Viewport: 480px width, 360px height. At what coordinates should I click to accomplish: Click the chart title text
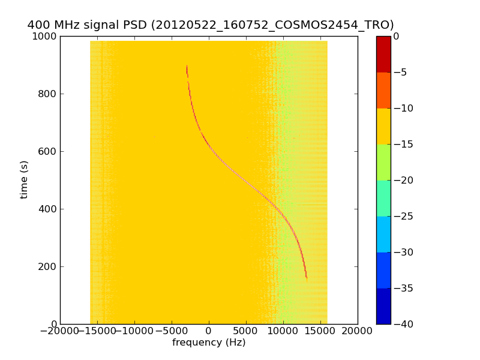211,25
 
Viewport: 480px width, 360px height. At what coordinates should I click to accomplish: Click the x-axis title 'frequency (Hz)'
209,343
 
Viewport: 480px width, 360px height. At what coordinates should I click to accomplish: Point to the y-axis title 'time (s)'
25,179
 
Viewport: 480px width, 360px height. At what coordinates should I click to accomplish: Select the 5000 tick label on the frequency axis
246,331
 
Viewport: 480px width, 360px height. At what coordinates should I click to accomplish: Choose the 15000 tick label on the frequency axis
320,331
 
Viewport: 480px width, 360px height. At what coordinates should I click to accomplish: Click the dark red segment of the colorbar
383,54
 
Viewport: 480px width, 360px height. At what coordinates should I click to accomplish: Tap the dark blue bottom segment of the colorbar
383,306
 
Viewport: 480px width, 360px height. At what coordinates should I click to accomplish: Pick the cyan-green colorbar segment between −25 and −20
383,198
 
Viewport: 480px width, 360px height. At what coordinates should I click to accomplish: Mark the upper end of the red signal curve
187,66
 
